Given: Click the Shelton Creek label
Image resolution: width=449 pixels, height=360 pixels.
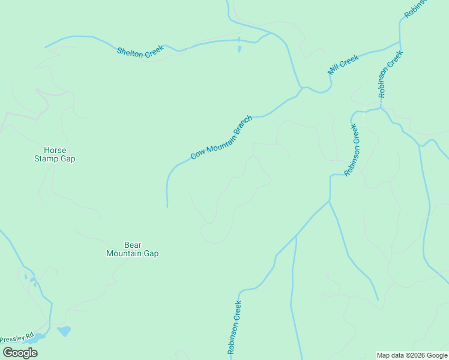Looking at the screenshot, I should click(x=140, y=53).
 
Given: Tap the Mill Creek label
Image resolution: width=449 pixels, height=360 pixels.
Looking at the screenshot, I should click(x=343, y=65).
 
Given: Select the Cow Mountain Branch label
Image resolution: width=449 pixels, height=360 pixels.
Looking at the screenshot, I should click(x=221, y=138).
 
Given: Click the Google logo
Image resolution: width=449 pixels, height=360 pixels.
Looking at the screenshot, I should click(x=20, y=352).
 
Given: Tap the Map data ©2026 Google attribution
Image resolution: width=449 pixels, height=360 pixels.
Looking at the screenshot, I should click(x=412, y=355).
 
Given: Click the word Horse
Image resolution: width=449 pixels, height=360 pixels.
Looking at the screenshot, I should click(x=55, y=150).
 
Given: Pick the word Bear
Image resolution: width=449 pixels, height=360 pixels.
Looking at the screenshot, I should click(x=132, y=245).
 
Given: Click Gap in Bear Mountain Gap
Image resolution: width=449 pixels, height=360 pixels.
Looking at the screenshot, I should click(x=151, y=253).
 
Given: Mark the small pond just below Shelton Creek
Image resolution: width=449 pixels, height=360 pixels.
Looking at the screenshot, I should click(x=240, y=49).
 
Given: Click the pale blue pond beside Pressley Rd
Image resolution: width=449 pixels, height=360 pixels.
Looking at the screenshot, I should click(x=64, y=331).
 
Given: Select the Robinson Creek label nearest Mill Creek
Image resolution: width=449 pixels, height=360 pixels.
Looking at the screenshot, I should click(x=390, y=74).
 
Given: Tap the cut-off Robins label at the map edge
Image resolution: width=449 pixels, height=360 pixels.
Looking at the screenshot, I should click(x=415, y=8).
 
